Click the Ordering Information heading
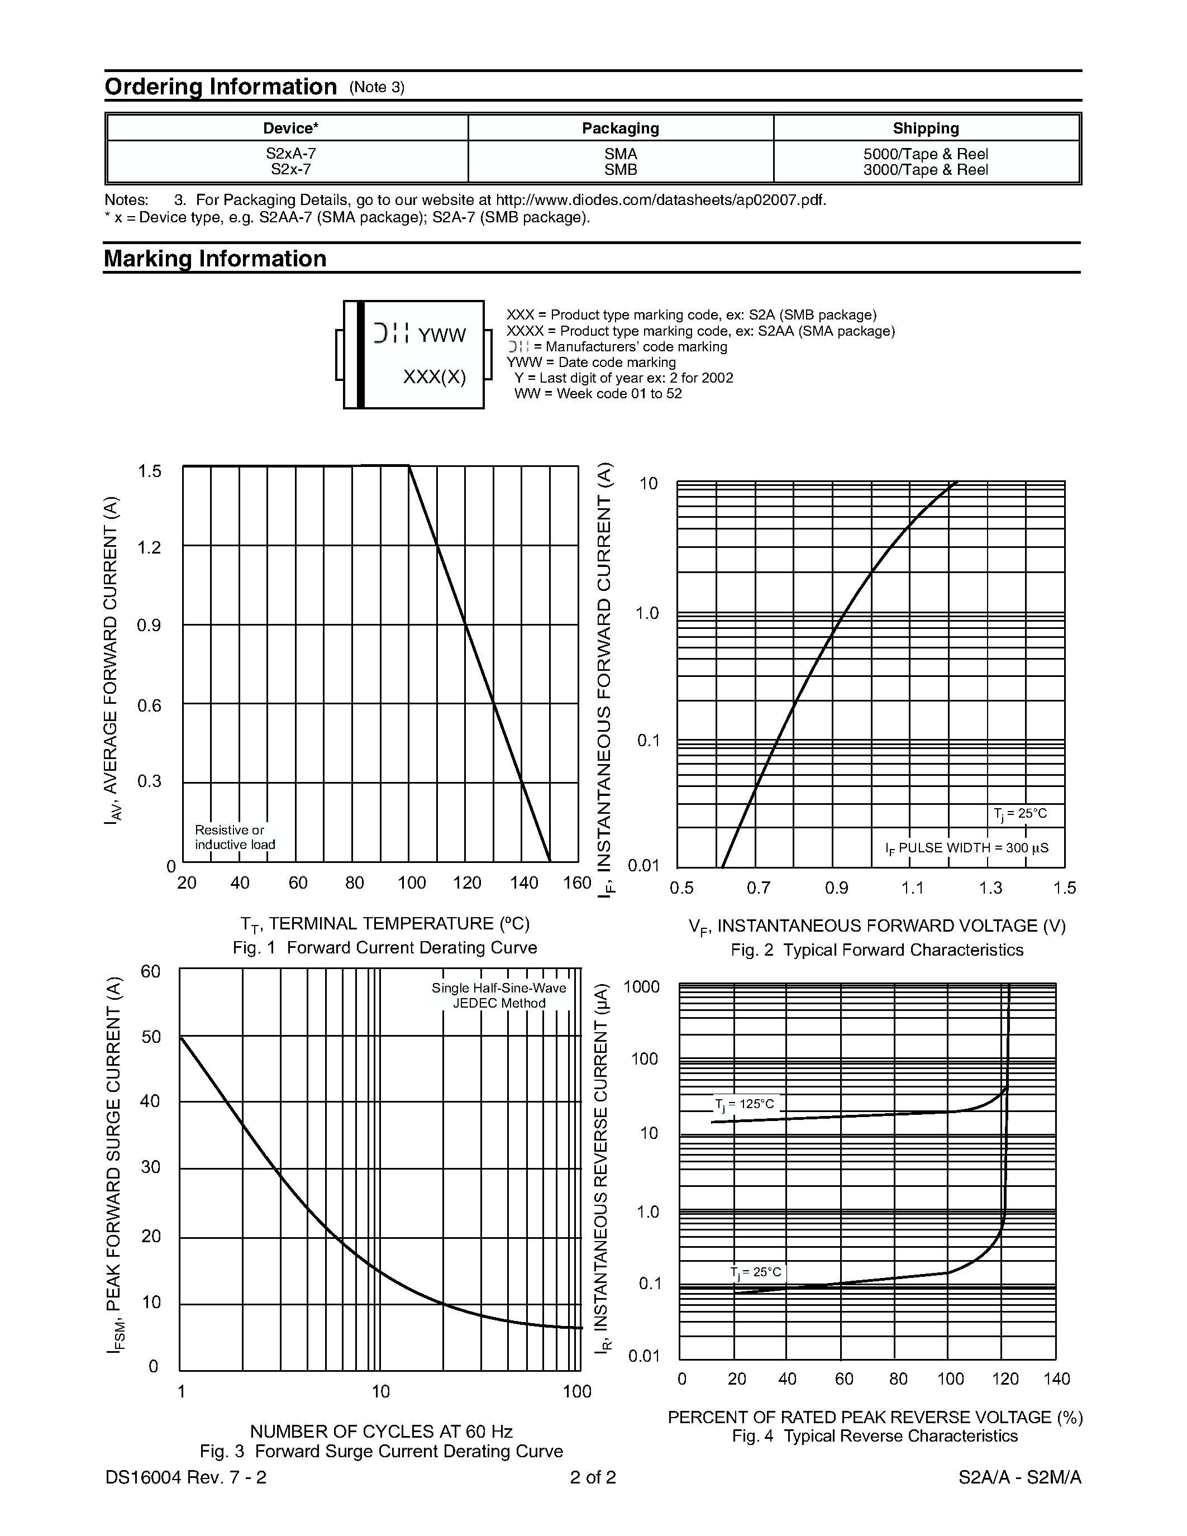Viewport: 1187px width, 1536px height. pyautogui.click(x=220, y=87)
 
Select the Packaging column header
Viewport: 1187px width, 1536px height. pyautogui.click(x=620, y=128)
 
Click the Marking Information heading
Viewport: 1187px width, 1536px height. pyautogui.click(x=214, y=259)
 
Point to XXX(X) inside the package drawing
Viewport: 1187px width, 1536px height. pyautogui.click(x=434, y=378)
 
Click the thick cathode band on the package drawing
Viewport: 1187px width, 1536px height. pyautogui.click(x=361, y=355)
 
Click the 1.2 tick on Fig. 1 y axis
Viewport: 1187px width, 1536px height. pyautogui.click(x=149, y=547)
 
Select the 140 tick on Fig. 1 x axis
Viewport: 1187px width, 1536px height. pyautogui.click(x=523, y=883)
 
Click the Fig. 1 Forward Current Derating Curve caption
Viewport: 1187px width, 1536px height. pyautogui.click(x=385, y=948)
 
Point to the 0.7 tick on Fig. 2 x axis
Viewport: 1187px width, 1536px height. pyautogui.click(x=758, y=888)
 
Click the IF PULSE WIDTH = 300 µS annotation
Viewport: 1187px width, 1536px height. pyautogui.click(x=967, y=848)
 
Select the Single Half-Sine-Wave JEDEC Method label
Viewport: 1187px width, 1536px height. pyautogui.click(x=499, y=996)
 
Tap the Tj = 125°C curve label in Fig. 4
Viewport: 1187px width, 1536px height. pyautogui.click(x=744, y=1104)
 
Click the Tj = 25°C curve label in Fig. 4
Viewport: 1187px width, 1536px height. pyautogui.click(x=755, y=1272)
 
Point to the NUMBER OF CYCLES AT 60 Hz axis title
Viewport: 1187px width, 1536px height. pyautogui.click(x=380, y=1431)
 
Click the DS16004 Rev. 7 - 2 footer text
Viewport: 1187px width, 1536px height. pyautogui.click(x=185, y=1477)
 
